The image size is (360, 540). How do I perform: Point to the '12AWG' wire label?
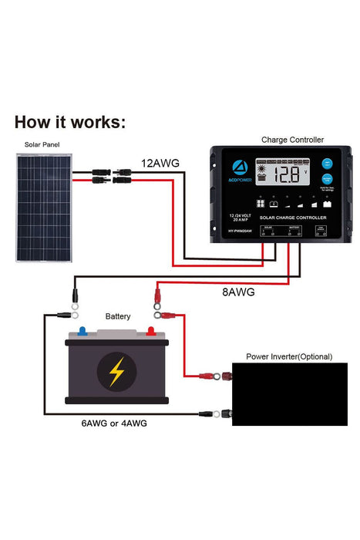(160, 164)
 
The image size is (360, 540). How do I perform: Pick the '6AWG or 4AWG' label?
(114, 424)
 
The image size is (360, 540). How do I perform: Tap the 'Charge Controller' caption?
(292, 140)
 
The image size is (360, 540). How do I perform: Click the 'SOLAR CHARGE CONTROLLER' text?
(284, 219)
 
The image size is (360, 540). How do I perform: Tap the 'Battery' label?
(117, 316)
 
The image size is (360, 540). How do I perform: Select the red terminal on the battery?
(151, 332)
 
